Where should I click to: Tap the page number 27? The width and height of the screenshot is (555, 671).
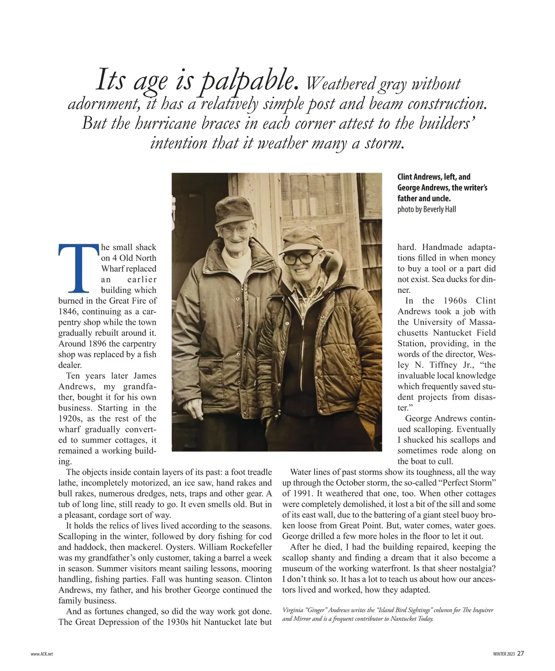point(521,653)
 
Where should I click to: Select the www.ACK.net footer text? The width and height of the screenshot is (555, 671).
point(42,654)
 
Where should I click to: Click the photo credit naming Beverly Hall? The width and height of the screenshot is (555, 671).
point(426,209)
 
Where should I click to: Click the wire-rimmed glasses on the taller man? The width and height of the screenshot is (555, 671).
point(234,229)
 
